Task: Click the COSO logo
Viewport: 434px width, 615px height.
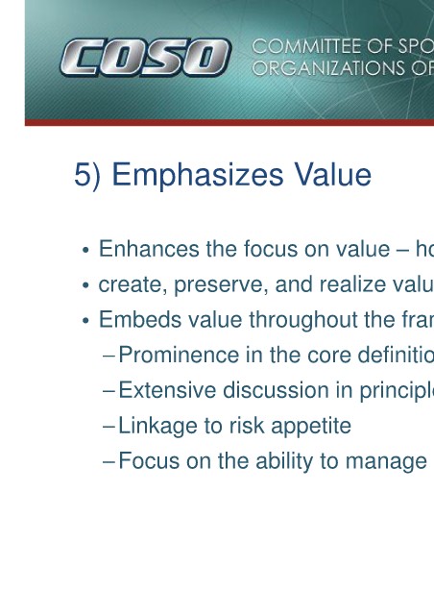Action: (146, 58)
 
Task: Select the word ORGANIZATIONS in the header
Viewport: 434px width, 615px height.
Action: (329, 68)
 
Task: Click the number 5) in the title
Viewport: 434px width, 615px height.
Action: (87, 175)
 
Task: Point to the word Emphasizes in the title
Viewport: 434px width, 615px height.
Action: (198, 175)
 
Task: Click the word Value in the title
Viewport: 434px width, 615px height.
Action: (332, 175)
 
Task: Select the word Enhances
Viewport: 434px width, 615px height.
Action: (149, 249)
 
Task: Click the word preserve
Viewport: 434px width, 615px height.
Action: (221, 284)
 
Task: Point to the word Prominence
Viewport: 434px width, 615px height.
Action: (179, 355)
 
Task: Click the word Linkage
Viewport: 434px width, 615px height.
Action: (157, 426)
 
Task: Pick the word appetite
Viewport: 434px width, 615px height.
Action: (311, 426)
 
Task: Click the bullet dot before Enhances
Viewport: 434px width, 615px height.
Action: (85, 250)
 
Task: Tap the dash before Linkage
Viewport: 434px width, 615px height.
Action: (108, 427)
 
